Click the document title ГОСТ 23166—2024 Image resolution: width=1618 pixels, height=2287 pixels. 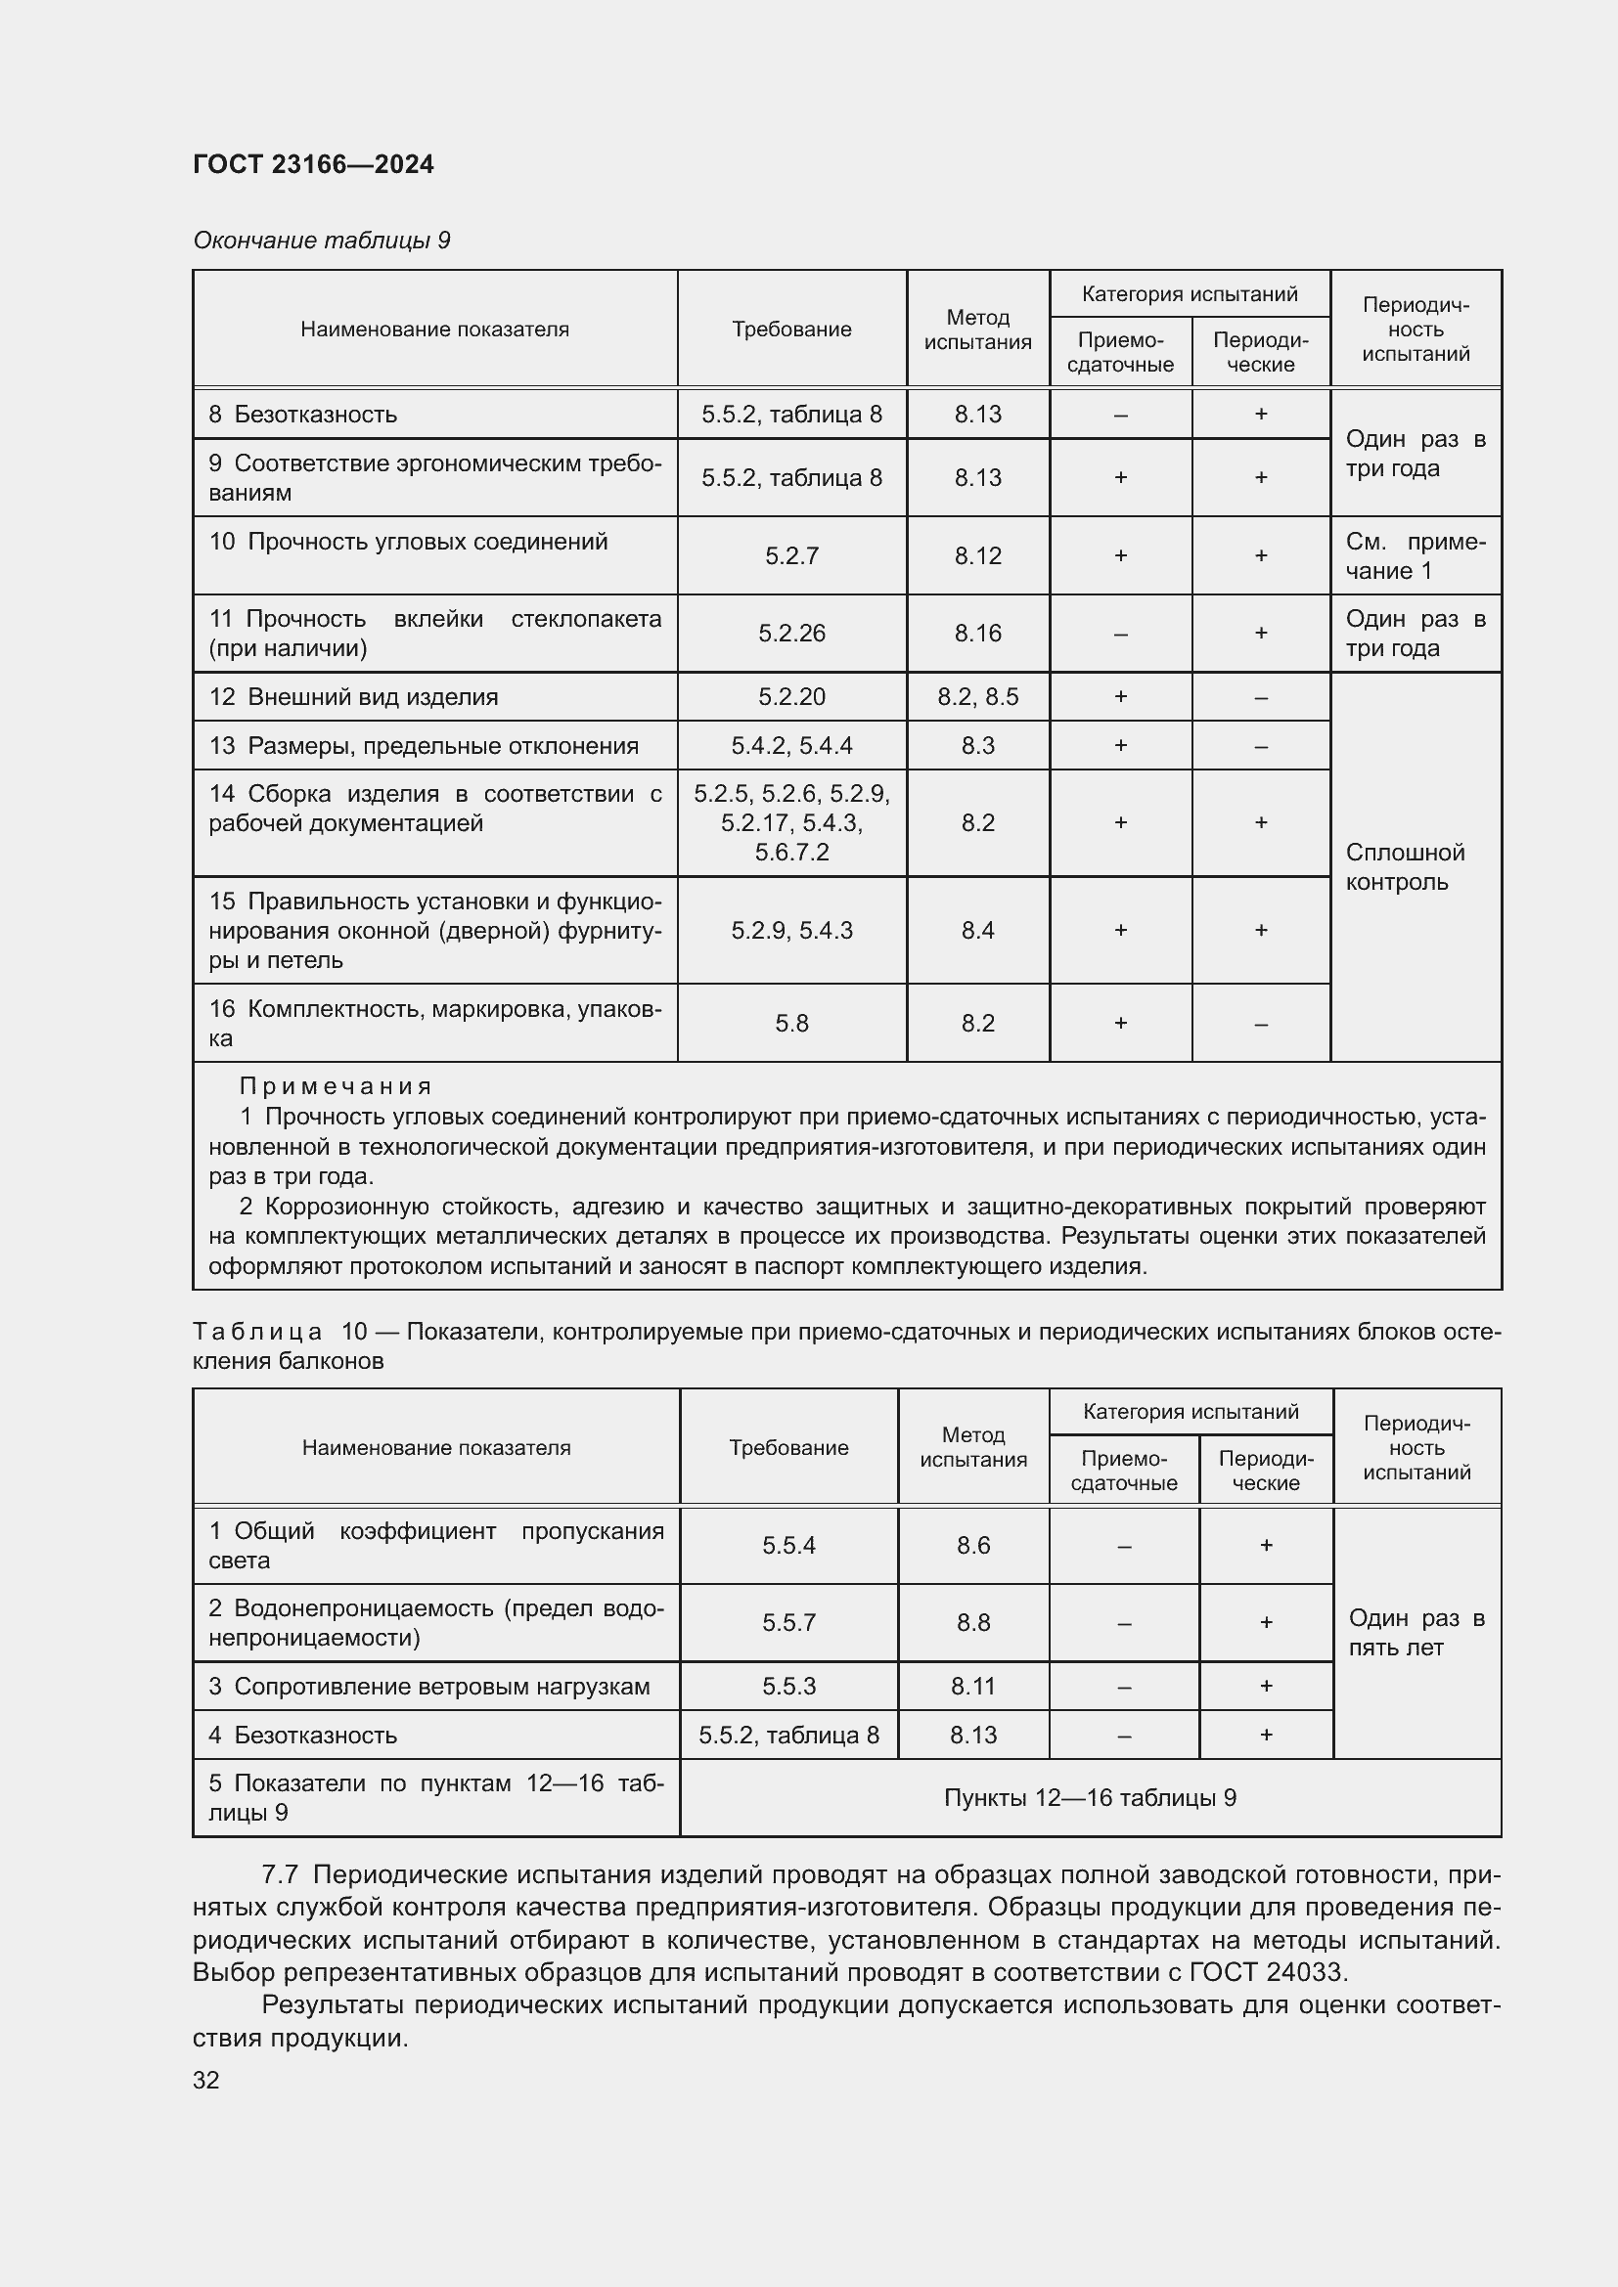313,164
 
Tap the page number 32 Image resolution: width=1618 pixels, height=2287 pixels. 206,2080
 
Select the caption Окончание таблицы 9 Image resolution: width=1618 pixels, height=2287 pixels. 321,241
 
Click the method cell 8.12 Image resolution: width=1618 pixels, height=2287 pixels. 977,555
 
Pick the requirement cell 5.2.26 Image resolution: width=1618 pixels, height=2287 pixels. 791,634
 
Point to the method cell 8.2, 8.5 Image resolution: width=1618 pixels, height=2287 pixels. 977,697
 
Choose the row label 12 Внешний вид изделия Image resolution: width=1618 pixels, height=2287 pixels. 353,697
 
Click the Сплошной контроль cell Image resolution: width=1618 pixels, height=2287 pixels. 1405,866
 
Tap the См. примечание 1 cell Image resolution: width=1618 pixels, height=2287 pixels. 1415,555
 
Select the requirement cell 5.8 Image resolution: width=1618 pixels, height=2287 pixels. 791,1023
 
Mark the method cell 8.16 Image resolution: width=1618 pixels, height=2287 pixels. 977,634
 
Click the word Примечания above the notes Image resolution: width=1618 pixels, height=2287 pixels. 335,1085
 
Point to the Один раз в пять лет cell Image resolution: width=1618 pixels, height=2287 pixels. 1416,1633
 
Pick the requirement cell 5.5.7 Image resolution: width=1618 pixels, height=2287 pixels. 788,1623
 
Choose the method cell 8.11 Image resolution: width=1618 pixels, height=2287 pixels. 972,1687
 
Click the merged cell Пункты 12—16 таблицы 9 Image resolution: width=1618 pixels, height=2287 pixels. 1090,1798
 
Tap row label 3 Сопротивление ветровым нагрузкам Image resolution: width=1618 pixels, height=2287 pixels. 428,1687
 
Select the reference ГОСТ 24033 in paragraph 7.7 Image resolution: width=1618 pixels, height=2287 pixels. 1267,1972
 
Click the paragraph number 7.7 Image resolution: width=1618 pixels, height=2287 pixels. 280,1874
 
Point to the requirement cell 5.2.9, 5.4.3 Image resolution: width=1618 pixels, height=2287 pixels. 791,930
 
